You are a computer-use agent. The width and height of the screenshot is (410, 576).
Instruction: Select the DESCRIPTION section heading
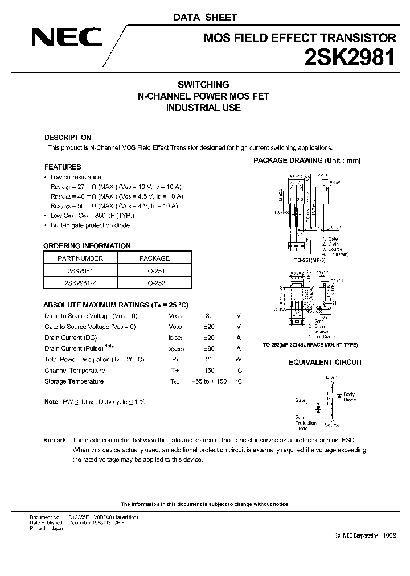[68, 138]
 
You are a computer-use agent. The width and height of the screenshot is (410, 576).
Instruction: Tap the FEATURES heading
[63, 167]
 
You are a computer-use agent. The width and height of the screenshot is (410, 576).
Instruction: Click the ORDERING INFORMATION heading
[87, 246]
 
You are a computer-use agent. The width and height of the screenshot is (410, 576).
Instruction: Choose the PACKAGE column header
[155, 258]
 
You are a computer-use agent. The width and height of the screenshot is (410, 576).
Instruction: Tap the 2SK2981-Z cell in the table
[80, 282]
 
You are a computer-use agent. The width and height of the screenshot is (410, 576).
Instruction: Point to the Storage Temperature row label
[74, 381]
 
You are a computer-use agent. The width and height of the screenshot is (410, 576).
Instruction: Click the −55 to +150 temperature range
[210, 381]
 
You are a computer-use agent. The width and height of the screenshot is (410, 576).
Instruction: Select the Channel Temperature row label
[75, 371]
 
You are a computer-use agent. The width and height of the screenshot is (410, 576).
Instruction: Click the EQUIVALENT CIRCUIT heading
[325, 363]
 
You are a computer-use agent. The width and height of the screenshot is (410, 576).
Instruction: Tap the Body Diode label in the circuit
[349, 397]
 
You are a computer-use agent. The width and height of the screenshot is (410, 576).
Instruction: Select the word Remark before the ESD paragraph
[55, 441]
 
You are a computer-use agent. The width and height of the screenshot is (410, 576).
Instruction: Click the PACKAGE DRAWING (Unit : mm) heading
[307, 161]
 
